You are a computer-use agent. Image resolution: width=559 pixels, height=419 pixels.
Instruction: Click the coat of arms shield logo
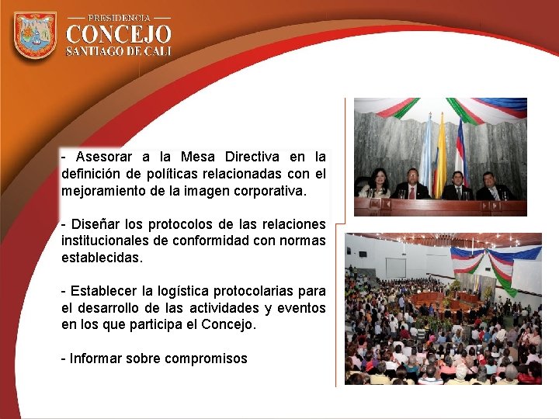click(35, 35)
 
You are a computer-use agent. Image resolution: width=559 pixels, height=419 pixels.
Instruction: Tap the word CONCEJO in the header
click(119, 35)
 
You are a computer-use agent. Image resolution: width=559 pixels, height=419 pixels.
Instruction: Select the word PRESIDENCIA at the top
click(119, 16)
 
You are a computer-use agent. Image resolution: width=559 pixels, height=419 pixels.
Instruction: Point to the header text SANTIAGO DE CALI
click(119, 51)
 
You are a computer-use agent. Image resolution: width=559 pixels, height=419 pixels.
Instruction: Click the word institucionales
click(116, 241)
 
